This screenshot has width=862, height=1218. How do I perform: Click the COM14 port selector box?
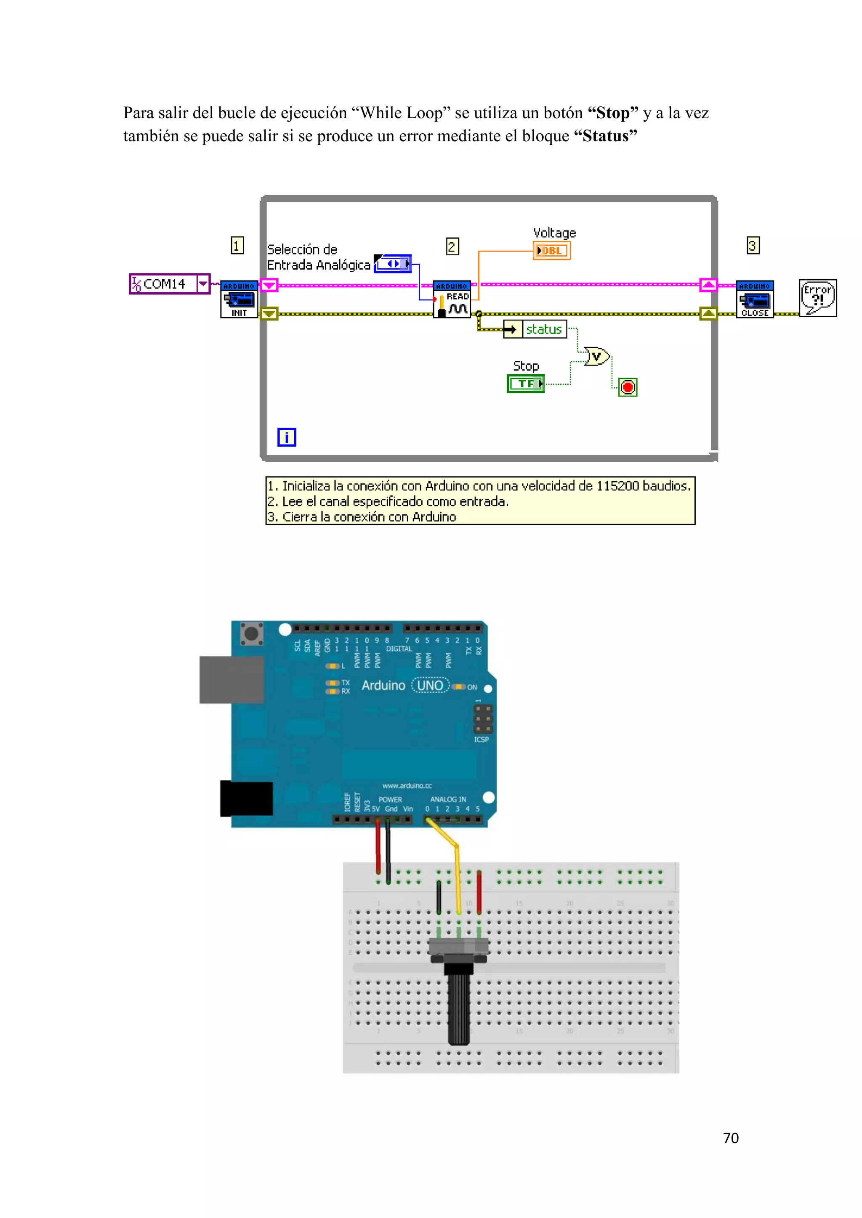pyautogui.click(x=169, y=284)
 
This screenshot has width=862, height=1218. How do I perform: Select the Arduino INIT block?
pyautogui.click(x=239, y=299)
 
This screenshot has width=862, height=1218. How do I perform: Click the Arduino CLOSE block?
pyautogui.click(x=755, y=299)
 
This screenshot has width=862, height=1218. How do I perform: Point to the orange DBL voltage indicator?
pyautogui.click(x=551, y=250)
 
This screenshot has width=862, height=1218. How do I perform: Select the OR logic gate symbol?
pyautogui.click(x=596, y=356)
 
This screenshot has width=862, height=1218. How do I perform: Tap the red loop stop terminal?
pyautogui.click(x=628, y=387)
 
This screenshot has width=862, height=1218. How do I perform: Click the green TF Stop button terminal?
pyautogui.click(x=525, y=384)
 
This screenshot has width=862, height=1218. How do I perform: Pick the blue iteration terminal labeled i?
pyautogui.click(x=287, y=437)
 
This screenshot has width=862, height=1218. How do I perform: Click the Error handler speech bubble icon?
pyautogui.click(x=817, y=298)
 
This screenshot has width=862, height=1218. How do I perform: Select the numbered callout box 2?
pyautogui.click(x=452, y=246)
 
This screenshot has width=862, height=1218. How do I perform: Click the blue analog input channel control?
pyautogui.click(x=393, y=264)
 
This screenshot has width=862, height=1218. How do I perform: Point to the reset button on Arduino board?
pyautogui.click(x=252, y=633)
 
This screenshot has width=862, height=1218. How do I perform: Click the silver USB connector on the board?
pyautogui.click(x=231, y=680)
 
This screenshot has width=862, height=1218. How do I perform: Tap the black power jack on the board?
pyautogui.click(x=246, y=798)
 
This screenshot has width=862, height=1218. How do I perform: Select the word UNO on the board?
pyautogui.click(x=430, y=686)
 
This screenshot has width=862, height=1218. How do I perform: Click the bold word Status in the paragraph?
pyautogui.click(x=605, y=136)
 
